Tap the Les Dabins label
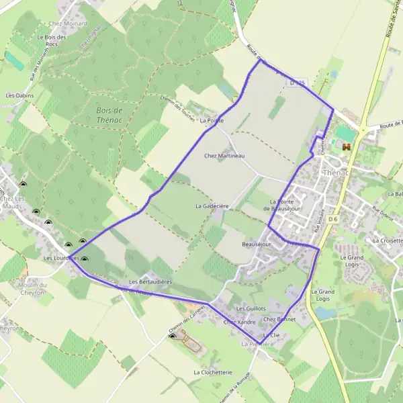(19, 96)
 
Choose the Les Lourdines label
(61, 258)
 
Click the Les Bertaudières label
(150, 281)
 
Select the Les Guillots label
(249, 308)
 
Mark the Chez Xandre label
(239, 322)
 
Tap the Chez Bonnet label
(279, 319)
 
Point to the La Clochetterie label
(212, 371)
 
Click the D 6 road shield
(334, 218)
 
